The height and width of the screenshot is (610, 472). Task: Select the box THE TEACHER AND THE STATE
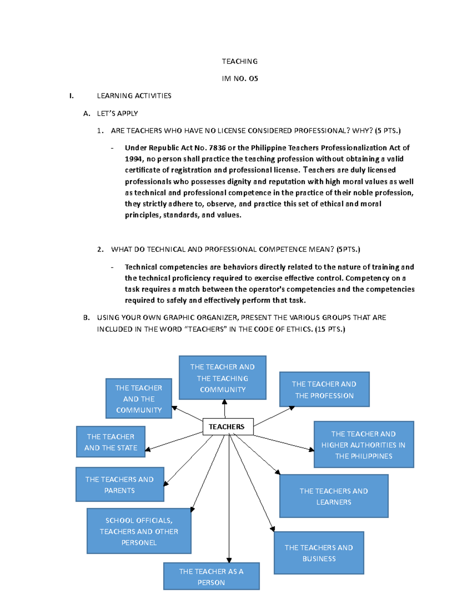pyautogui.click(x=111, y=442)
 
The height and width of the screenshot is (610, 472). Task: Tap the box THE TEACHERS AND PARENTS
pyautogui.click(x=120, y=484)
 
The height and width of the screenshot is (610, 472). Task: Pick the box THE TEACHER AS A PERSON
pyautogui.click(x=211, y=576)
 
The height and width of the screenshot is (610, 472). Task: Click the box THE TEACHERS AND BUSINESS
pyautogui.click(x=319, y=553)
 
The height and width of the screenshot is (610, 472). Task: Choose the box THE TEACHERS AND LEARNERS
pyautogui.click(x=334, y=496)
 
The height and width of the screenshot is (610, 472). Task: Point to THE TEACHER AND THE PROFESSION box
pyautogui.click(x=324, y=389)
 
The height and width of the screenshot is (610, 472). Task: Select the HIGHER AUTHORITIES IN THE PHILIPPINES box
pyautogui.click(x=363, y=445)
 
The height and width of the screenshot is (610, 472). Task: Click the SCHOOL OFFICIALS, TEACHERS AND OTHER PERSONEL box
pyautogui.click(x=139, y=531)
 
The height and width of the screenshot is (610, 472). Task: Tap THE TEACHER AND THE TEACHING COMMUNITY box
pyautogui.click(x=222, y=378)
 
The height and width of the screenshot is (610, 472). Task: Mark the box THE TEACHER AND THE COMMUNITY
pyautogui.click(x=138, y=398)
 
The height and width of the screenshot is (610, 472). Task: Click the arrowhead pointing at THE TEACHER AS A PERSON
pyautogui.click(x=229, y=560)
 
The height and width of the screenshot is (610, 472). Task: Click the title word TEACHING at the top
pyautogui.click(x=240, y=61)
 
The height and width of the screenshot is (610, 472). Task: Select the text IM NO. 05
pyautogui.click(x=240, y=79)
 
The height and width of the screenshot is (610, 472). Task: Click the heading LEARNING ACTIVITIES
pyautogui.click(x=134, y=96)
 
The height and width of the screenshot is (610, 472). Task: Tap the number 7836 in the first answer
pyautogui.click(x=217, y=148)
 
